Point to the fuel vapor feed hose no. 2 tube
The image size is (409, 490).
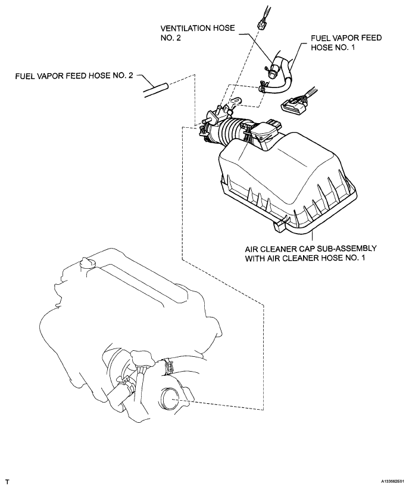pos(155,89)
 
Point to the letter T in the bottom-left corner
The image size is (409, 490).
pos(7,479)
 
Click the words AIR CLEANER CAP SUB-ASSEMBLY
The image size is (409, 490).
pos(305,247)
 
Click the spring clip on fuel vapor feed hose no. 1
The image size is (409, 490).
pos(262,89)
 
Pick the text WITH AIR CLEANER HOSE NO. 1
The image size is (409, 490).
pos(305,259)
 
